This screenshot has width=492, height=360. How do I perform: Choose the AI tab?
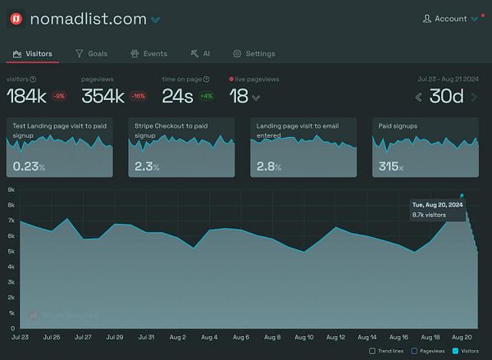pos(200,53)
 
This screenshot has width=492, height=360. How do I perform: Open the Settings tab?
pos(254,53)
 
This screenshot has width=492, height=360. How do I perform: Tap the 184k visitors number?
pos(26,96)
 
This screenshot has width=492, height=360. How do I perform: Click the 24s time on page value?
pos(176,96)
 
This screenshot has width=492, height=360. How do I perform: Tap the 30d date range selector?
pos(447,97)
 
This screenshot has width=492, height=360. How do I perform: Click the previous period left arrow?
pos(419,97)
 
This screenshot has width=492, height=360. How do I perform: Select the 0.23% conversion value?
pos(30,166)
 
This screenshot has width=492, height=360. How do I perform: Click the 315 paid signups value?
pos(390,166)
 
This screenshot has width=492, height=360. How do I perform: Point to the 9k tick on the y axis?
pos(11,190)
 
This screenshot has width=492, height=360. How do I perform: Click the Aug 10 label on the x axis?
pos(303,337)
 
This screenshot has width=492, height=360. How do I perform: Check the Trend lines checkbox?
pos(372,351)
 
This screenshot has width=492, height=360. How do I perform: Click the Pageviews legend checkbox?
pos(415,351)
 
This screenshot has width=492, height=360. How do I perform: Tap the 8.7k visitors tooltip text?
pos(429,215)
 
